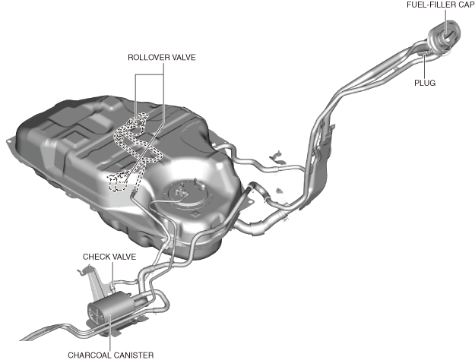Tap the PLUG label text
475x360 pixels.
(425, 82)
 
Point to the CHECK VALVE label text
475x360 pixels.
(109, 257)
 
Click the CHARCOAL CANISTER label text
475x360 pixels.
(111, 354)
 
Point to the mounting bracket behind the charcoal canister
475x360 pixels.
(96, 283)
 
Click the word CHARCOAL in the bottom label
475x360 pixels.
(89, 354)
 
